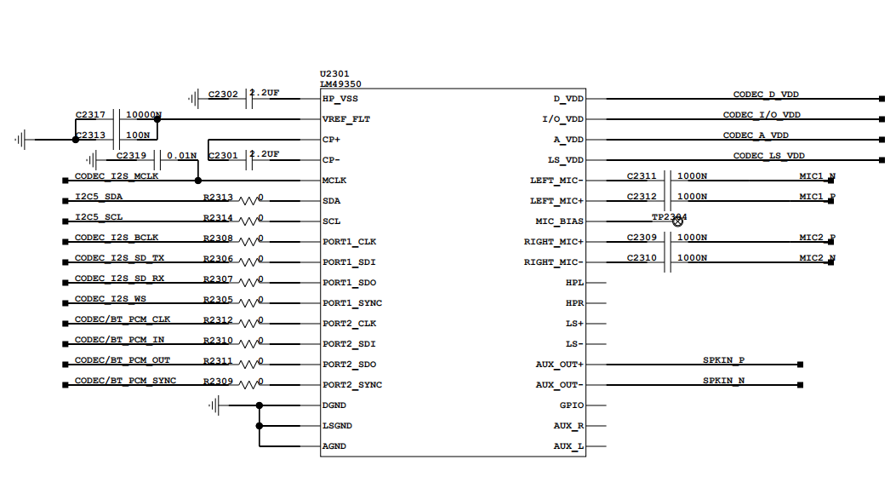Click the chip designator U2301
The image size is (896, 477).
tap(334, 74)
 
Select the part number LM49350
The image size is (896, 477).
tap(340, 84)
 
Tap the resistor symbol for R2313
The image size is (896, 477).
tap(249, 201)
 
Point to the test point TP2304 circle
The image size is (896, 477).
tap(678, 221)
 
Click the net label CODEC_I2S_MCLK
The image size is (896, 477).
tap(117, 176)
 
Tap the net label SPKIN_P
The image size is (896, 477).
tap(724, 360)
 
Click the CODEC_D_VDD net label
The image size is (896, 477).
tap(766, 95)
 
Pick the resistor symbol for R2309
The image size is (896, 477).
tap(249, 385)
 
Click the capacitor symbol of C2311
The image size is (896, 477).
tap(670, 181)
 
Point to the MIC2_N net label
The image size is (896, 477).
tap(817, 257)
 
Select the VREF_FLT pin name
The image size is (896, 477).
tap(346, 119)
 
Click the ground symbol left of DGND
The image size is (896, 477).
tap(216, 405)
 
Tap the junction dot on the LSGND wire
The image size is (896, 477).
tap(260, 426)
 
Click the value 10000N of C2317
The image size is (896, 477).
tap(144, 114)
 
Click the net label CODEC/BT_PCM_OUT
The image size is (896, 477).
tap(123, 360)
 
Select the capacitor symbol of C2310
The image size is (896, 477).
tap(670, 262)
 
